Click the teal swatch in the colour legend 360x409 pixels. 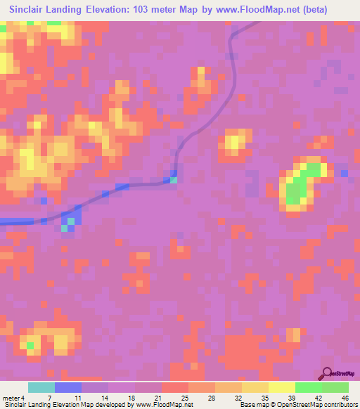(x=41, y=387)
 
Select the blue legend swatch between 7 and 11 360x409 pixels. (x=68, y=387)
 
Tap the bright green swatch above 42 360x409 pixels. (x=309, y=387)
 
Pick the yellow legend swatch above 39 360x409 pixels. (x=282, y=387)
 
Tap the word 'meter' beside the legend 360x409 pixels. (x=12, y=398)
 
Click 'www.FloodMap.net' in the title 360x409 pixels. (x=271, y=10)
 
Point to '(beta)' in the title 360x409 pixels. (x=334, y=10)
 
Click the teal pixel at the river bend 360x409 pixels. (x=173, y=180)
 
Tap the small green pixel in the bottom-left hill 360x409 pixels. (x=30, y=345)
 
